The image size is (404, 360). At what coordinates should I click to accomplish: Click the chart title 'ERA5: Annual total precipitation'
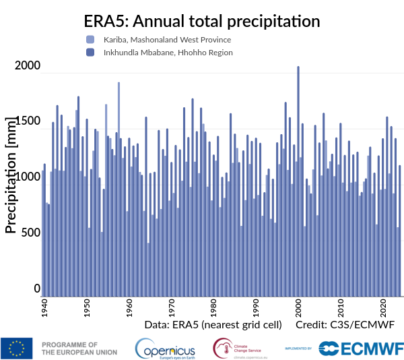(201, 21)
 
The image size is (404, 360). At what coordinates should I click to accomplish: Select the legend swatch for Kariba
(90, 40)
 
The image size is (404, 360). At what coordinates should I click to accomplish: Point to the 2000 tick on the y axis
(28, 66)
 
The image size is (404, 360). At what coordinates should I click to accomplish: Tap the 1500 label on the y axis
(28, 121)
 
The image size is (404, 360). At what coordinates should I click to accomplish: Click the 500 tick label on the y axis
(31, 233)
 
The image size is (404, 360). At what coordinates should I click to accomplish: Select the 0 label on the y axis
(37, 289)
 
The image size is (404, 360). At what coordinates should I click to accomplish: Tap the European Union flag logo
(17, 348)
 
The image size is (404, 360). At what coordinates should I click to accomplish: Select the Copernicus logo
(165, 348)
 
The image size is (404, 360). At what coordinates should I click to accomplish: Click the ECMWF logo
(361, 348)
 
